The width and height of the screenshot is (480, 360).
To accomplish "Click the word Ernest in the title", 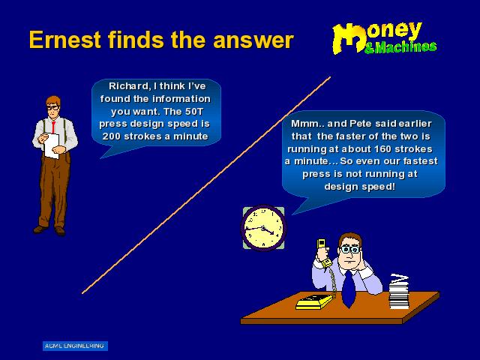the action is click(65, 40).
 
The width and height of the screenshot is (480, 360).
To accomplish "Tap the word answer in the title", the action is click(253, 40).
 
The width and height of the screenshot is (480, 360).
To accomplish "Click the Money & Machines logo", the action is click(385, 38).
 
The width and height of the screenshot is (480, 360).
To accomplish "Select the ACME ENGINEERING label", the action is click(75, 346).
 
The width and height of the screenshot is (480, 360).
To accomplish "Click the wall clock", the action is click(263, 228).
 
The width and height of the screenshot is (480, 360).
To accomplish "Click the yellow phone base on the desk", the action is click(314, 301).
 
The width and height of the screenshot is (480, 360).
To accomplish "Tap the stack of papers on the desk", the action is click(399, 292).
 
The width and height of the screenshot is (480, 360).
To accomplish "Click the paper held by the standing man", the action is click(52, 145).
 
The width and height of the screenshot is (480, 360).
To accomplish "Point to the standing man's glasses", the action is click(53, 108).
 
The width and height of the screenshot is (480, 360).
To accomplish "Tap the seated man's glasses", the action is click(349, 250).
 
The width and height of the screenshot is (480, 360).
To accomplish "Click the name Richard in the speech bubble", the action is click(128, 86).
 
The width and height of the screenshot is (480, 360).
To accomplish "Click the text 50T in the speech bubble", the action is click(193, 111).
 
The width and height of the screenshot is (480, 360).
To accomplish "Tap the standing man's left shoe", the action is click(60, 231).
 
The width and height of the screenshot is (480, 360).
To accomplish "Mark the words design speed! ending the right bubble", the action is click(360, 187).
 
